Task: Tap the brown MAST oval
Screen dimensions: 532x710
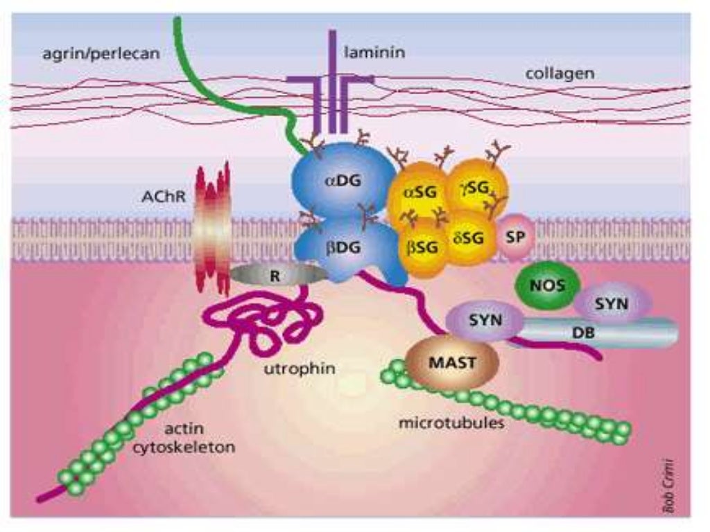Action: pos(452,362)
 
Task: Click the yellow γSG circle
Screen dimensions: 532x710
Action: pos(479,186)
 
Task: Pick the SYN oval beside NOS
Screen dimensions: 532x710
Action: pos(612,303)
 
